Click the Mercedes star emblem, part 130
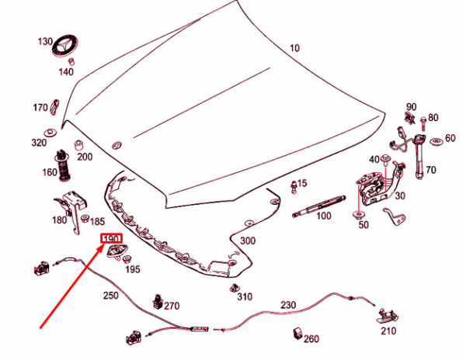coord(65,46)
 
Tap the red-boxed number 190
coord(111,238)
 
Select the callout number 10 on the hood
coord(294,48)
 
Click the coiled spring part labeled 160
coord(64,165)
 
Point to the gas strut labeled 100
coord(319,206)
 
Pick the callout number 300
coord(248,241)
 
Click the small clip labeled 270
coord(158,301)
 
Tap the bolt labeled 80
coord(423,123)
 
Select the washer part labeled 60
coord(436,142)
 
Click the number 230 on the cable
coord(288,305)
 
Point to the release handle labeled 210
coord(388,317)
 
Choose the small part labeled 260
coord(297,334)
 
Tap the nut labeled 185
coord(85,219)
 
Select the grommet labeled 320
coord(50,133)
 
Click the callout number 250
coord(111,296)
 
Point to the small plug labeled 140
coord(71,62)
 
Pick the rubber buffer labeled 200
coord(78,145)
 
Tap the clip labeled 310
coord(235,288)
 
